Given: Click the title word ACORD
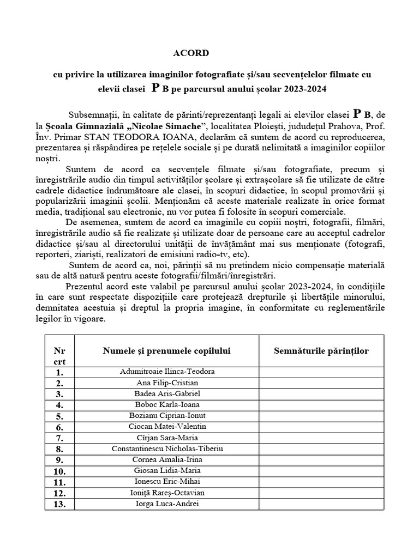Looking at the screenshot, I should (x=190, y=53).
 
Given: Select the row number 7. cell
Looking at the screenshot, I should (x=59, y=438).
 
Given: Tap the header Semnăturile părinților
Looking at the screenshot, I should (x=321, y=350).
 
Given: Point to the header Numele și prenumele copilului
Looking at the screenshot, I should (x=166, y=350).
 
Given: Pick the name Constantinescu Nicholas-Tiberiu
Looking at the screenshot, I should (x=167, y=449).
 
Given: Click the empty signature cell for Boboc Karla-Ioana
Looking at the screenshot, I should (x=321, y=405).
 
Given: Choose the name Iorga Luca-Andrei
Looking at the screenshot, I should (x=167, y=504).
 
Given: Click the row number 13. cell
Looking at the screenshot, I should (x=59, y=505).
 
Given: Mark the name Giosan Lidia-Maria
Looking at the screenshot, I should (x=167, y=471).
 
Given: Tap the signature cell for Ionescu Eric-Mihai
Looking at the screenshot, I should (x=321, y=482).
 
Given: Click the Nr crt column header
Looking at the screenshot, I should (x=59, y=356).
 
